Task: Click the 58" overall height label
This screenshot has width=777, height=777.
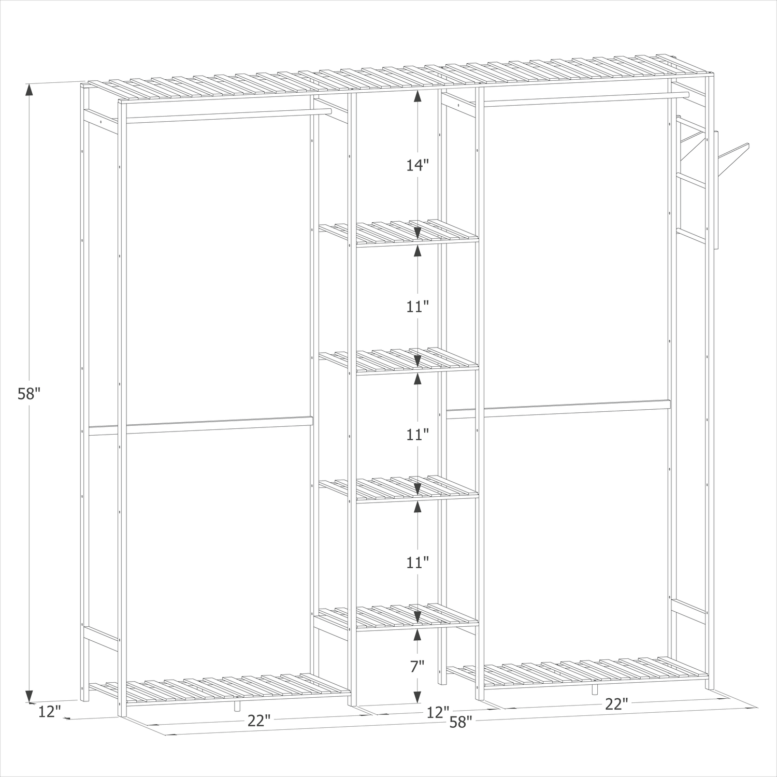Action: click(29, 394)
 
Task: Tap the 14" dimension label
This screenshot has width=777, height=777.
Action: click(417, 165)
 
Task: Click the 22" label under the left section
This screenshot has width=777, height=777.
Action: click(259, 721)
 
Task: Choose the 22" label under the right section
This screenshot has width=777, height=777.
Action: click(616, 703)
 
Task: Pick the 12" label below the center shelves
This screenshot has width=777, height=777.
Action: click(438, 713)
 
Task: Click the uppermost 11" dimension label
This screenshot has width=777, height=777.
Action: click(417, 307)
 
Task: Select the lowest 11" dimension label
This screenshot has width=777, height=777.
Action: click(417, 562)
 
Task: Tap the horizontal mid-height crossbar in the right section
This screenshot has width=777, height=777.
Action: click(558, 409)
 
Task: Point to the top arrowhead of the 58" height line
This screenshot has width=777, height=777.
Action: click(29, 90)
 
